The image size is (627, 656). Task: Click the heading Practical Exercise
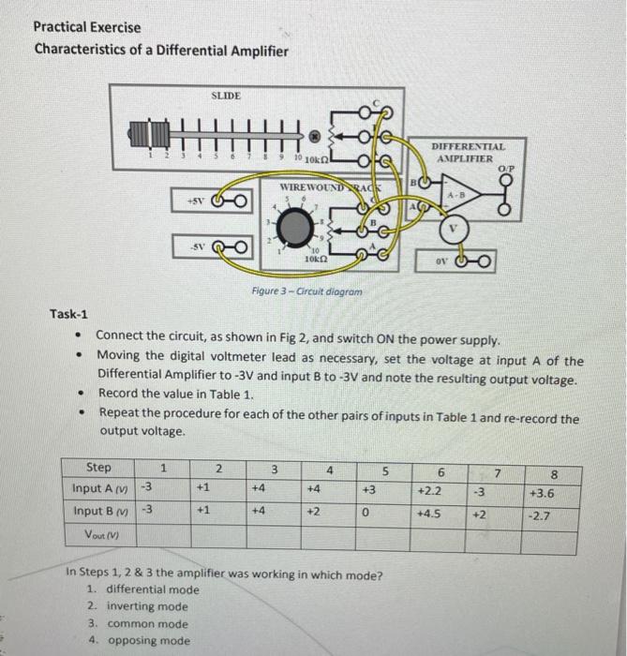87,27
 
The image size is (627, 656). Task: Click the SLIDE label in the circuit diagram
226,96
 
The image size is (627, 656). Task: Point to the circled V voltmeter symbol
453,226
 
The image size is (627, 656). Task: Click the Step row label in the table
98,467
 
